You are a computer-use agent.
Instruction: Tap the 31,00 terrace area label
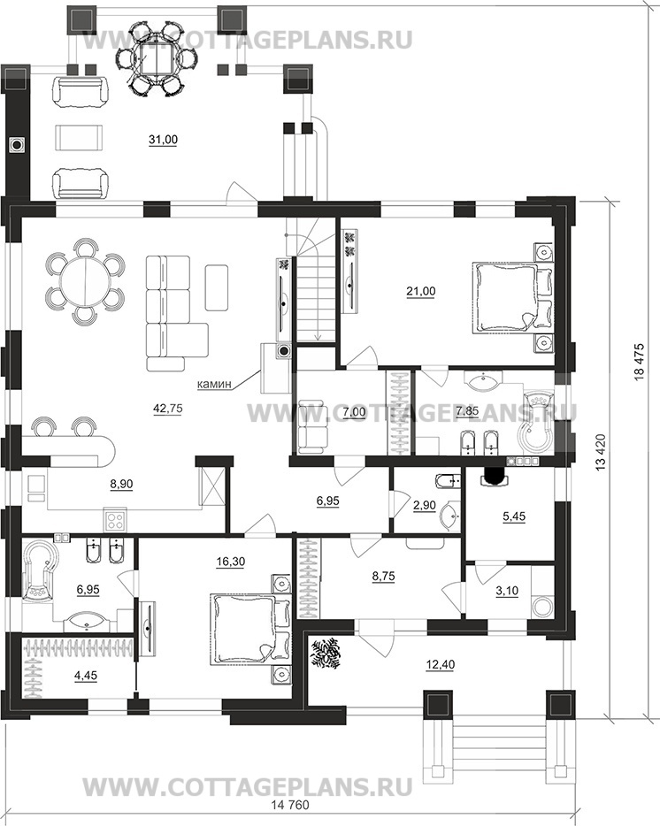(x=163, y=140)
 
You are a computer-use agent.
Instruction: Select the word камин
(x=214, y=385)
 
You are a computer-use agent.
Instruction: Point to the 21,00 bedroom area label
(x=420, y=291)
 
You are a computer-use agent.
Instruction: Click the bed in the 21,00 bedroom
(x=513, y=298)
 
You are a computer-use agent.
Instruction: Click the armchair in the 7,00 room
(x=314, y=426)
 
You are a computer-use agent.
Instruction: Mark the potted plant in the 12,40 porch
(x=326, y=654)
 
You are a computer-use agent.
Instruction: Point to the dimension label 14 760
(x=290, y=819)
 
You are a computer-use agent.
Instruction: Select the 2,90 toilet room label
(x=424, y=505)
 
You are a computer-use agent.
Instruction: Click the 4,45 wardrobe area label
(x=86, y=675)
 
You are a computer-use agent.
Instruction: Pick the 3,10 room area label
(x=507, y=591)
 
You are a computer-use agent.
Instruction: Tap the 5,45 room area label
(x=514, y=516)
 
